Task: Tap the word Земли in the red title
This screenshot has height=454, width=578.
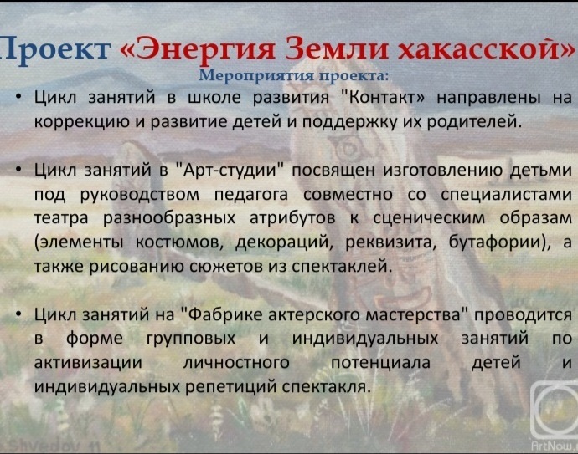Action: point(338,49)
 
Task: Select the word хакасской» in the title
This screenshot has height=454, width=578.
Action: point(488,48)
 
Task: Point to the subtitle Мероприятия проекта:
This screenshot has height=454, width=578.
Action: point(294,75)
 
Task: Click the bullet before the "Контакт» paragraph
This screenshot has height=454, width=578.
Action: point(19,97)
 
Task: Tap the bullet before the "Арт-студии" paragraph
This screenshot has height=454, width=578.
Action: point(19,170)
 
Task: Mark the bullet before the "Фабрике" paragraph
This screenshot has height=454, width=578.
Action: point(19,314)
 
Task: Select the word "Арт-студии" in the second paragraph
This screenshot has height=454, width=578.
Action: point(228,171)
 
